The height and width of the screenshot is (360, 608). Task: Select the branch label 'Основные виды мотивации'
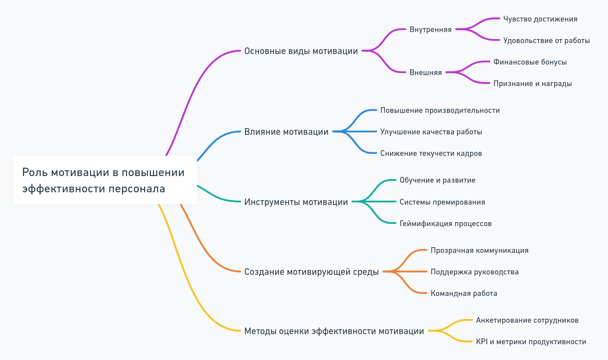(x=301, y=51)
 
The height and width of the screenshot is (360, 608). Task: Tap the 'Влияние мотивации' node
(x=286, y=132)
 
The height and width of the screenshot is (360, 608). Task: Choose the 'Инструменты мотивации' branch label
(x=296, y=202)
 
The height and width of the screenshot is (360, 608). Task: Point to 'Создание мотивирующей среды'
(x=311, y=272)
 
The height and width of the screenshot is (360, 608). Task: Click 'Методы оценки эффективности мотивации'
(x=334, y=331)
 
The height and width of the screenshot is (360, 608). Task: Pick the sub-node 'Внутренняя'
(x=430, y=30)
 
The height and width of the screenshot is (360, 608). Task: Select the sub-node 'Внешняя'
(x=425, y=73)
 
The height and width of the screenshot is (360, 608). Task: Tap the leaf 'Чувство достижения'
(x=540, y=19)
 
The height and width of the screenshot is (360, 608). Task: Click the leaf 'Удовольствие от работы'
(x=546, y=41)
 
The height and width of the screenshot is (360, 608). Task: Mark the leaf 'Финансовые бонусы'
(x=530, y=62)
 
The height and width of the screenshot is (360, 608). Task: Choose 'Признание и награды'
(x=532, y=84)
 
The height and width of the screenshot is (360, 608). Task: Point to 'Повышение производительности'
(x=440, y=111)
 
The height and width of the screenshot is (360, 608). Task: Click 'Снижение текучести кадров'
(x=431, y=154)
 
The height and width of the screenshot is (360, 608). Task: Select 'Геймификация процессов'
(x=445, y=224)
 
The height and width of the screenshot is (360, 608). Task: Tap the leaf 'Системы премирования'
(x=442, y=202)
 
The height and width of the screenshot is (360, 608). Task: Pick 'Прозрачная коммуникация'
(x=479, y=251)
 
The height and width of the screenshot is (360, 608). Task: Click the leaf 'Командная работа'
(x=463, y=294)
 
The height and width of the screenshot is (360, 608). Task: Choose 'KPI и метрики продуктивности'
(x=531, y=342)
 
